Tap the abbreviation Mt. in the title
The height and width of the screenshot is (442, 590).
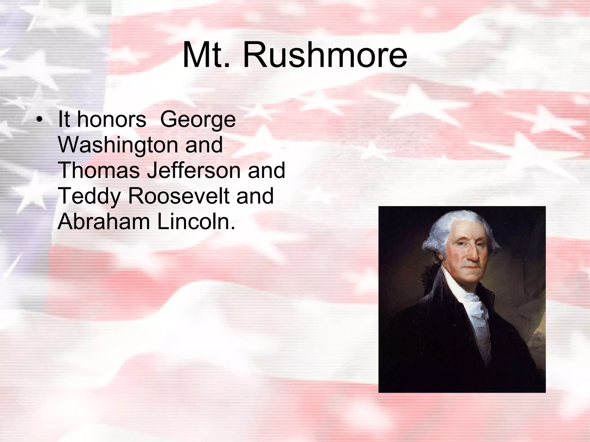coord(206,55)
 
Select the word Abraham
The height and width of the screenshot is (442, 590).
coord(104,222)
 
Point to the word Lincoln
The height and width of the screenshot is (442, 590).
coord(196,222)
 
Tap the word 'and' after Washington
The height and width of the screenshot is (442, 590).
coord(204,145)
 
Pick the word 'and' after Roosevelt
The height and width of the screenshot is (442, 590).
coord(255,196)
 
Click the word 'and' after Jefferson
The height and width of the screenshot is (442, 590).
coord(266,170)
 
